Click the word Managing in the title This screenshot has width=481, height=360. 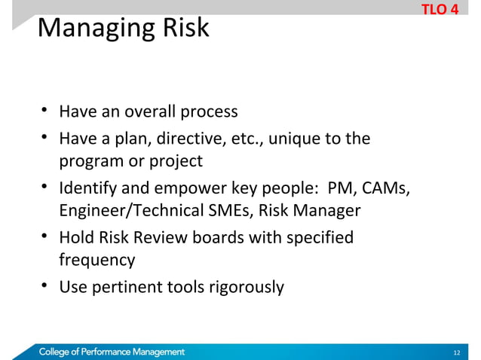pos(86,30)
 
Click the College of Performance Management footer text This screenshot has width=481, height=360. pos(112,352)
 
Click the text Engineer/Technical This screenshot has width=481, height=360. pos(125,211)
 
